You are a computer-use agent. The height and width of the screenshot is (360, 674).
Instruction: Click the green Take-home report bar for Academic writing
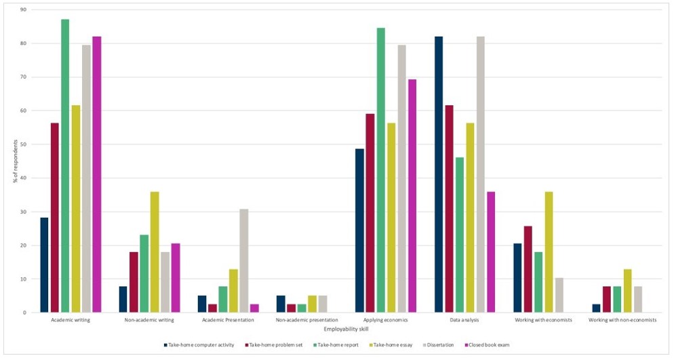click(x=65, y=166)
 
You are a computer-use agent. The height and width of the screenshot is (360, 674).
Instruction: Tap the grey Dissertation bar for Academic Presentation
click(x=243, y=261)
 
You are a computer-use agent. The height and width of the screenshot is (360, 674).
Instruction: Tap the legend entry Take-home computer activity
click(x=200, y=345)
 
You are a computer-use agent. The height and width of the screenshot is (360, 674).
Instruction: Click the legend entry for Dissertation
click(x=437, y=345)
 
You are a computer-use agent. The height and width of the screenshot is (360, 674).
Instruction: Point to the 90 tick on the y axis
click(x=23, y=10)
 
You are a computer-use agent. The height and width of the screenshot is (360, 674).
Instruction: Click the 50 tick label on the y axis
click(x=23, y=144)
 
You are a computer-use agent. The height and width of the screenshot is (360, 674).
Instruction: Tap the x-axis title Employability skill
click(x=346, y=329)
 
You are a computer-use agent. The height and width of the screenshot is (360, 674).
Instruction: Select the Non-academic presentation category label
click(x=306, y=319)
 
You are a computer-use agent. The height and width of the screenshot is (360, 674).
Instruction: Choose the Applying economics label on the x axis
click(x=386, y=319)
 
